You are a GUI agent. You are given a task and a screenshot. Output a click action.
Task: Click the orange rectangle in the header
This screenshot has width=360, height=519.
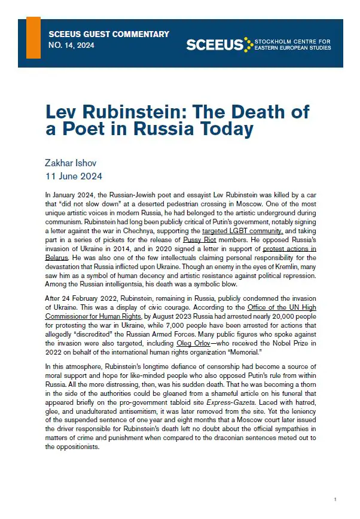[x=34, y=38]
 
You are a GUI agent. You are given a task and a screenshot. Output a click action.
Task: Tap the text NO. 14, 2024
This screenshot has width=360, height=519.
[x=71, y=46]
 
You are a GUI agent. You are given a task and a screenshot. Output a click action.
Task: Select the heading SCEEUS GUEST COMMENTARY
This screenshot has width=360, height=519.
[x=109, y=35]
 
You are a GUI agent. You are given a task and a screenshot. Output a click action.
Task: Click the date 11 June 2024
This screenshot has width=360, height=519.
[x=74, y=176]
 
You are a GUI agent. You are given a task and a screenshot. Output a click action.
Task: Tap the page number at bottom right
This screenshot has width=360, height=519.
[x=336, y=499]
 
